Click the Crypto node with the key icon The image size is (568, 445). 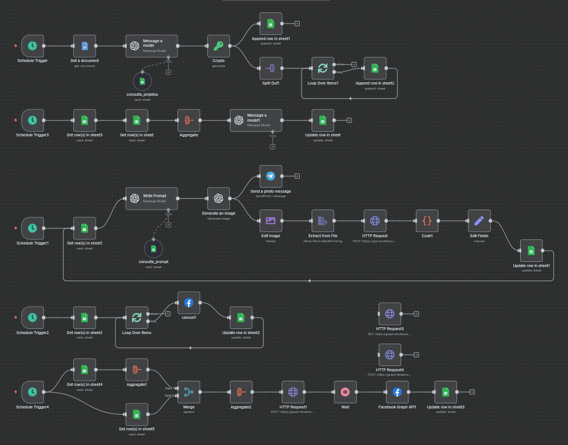[219, 46]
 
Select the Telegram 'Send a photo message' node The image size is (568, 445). [270, 176]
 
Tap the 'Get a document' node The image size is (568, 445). [85, 46]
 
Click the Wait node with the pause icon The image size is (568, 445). [345, 392]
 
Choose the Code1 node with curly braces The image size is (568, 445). [427, 221]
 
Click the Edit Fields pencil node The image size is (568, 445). [479, 221]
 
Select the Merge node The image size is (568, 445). [189, 392]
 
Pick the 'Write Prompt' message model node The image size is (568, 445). [151, 198]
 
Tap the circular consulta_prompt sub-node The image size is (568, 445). [153, 248]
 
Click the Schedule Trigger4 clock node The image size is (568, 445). [33, 392]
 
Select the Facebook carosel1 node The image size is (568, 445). [189, 302]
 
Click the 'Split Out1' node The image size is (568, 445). [270, 68]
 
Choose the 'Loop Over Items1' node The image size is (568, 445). [322, 68]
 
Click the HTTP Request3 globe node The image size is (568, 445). [389, 314]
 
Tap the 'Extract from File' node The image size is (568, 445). [322, 221]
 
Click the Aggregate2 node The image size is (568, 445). [241, 392]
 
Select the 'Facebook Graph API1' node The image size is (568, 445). [397, 392]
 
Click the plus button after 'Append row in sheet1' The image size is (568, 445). [297, 24]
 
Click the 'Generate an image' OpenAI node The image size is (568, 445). [219, 198]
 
